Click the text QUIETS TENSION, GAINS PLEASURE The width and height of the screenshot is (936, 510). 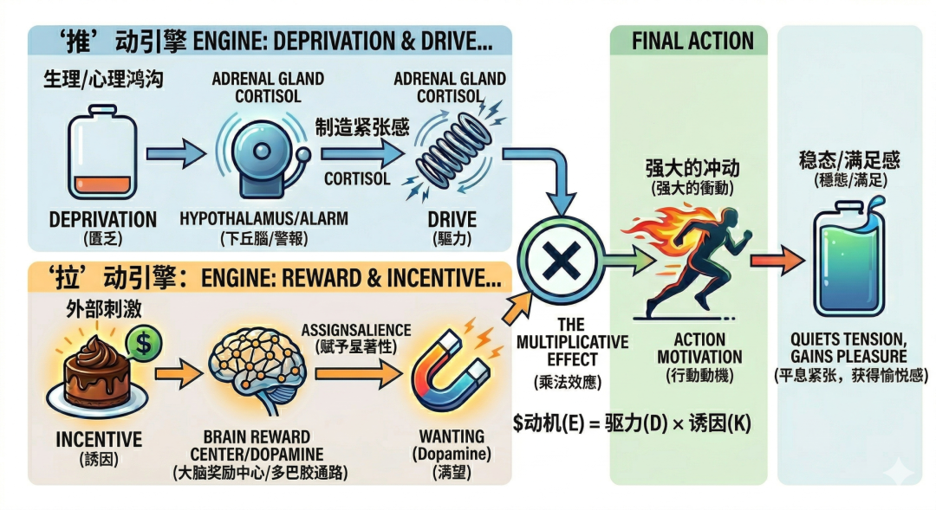click(x=848, y=348)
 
